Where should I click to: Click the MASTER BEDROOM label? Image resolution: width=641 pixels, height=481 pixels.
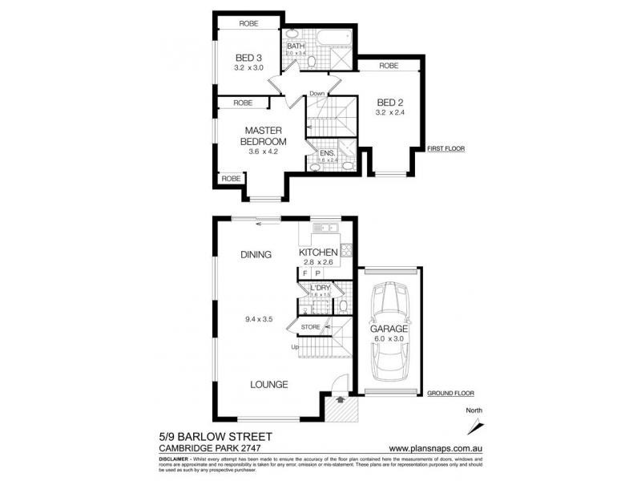(266, 135)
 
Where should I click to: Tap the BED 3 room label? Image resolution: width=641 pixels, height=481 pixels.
(248, 58)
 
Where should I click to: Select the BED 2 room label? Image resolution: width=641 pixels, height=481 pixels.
(389, 103)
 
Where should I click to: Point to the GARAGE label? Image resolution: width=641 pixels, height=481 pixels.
(389, 329)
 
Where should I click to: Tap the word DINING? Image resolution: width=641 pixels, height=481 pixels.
(256, 255)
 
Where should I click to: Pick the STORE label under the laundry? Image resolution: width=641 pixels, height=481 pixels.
(311, 327)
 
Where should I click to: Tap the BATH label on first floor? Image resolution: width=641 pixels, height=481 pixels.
(296, 46)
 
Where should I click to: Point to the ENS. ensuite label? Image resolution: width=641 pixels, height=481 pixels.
(327, 152)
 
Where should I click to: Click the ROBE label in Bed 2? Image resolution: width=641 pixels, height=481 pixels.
(389, 65)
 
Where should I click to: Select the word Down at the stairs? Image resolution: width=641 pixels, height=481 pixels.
(317, 94)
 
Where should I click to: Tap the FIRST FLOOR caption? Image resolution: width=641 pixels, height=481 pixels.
(445, 149)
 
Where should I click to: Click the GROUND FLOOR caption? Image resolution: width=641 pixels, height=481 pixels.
(450, 394)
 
